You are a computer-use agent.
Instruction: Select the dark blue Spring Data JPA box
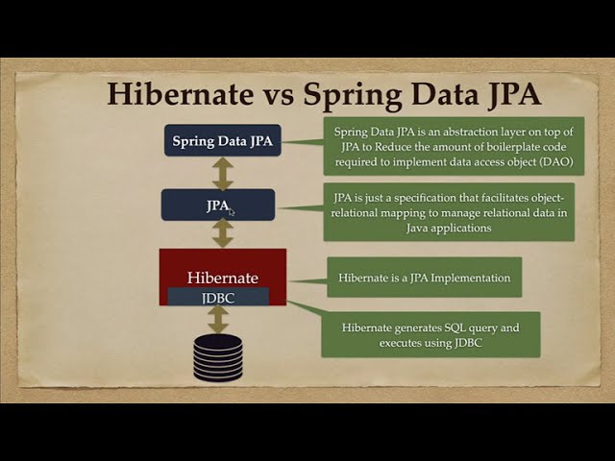pos(222,141)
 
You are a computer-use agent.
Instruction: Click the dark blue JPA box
pos(218,205)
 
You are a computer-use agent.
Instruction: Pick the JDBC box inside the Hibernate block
pos(218,298)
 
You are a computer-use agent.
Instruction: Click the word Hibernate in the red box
pos(222,277)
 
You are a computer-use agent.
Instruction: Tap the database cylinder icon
pos(218,357)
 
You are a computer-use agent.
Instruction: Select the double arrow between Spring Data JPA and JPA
pos(223,173)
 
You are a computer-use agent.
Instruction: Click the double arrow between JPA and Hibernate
pos(223,233)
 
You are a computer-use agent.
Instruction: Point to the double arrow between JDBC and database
pos(218,320)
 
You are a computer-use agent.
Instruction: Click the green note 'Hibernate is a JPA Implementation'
pos(424,278)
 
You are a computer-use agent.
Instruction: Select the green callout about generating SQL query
pos(430,334)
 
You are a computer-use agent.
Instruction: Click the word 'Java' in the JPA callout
pos(348,229)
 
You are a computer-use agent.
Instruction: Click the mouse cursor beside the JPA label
pos(231,211)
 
